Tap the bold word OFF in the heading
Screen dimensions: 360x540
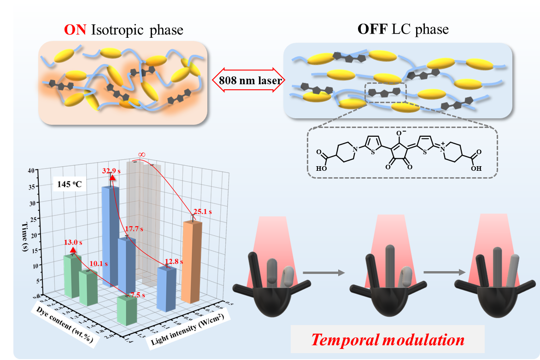[370, 29]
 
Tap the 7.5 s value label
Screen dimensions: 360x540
[137, 295]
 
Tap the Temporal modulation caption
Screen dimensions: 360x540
[387, 340]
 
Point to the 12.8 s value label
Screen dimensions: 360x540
[174, 261]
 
